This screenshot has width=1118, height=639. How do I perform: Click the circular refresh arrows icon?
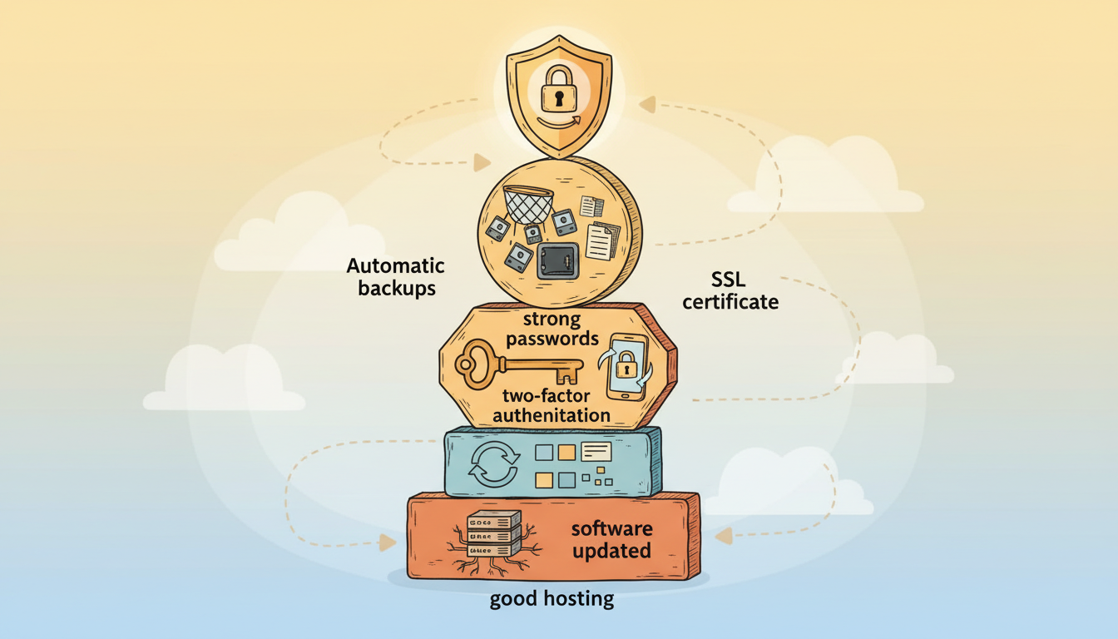tap(493, 463)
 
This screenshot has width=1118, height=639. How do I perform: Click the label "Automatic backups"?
tap(395, 277)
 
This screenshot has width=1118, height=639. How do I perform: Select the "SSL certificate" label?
tap(730, 290)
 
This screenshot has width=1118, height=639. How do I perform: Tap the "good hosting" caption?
tap(552, 598)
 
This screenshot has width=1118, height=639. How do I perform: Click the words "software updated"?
tap(611, 539)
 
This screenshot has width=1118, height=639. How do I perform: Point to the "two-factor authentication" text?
tap(552, 405)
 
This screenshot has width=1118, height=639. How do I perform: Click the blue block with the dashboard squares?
tap(552, 463)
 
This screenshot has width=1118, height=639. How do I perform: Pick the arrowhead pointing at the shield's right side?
tap(647, 104)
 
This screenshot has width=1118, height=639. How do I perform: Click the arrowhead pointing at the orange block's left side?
tap(387, 542)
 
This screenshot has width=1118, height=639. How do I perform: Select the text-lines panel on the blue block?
tap(596, 452)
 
